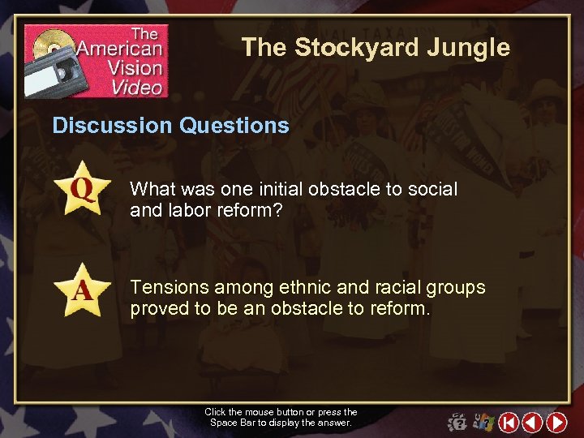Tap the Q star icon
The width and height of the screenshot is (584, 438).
pos(82,188)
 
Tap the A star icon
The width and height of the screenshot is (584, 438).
pos(82,290)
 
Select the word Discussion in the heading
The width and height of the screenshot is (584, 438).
pos(112,125)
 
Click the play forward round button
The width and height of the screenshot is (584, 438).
pos(556,422)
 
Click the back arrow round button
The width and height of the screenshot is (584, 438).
pos(533,422)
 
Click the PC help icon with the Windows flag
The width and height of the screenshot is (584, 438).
pos(484,422)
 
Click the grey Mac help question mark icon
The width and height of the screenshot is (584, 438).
pos(457,423)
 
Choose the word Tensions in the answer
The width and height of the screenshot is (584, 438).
pos(165,287)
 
